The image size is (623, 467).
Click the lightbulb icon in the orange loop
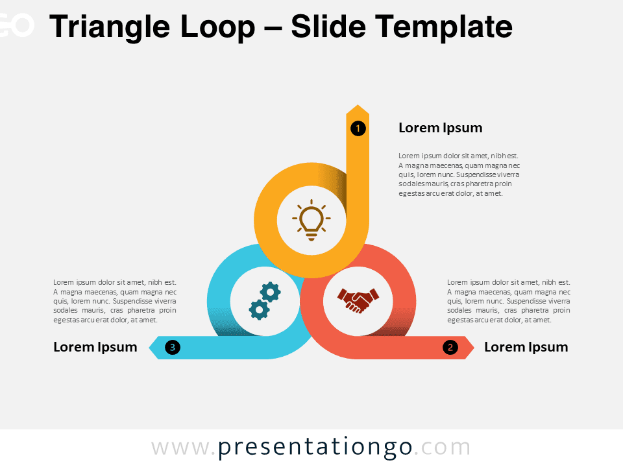point(311,220)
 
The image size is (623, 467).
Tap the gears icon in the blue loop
point(265,301)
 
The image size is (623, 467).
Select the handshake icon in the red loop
point(358,300)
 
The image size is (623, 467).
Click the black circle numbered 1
point(358,128)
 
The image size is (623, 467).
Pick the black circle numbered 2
point(450,348)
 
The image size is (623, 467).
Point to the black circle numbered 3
point(173,347)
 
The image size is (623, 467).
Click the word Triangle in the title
point(110,27)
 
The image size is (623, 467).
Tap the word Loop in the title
point(217,27)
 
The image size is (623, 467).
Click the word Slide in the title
point(328,26)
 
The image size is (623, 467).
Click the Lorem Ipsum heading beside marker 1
point(440,128)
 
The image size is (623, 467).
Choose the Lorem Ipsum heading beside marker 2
point(526,347)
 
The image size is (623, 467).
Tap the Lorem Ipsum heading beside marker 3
point(95,347)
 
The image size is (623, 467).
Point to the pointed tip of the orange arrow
point(358,105)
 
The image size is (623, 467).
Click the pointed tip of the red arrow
point(474,348)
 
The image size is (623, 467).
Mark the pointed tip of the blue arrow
point(149,348)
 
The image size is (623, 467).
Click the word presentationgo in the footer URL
point(315,448)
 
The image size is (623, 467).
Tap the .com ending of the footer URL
point(442,448)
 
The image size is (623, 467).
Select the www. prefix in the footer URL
point(182,448)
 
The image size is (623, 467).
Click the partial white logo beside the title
point(17,25)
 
